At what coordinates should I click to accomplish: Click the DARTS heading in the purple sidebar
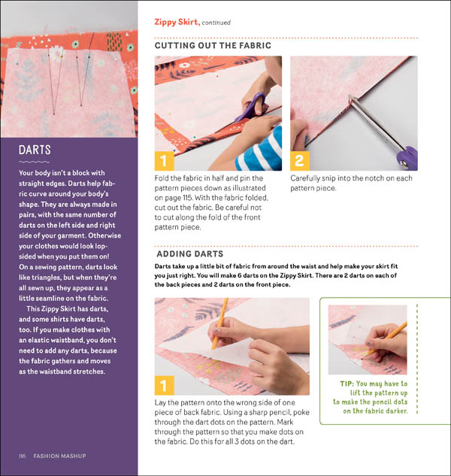(35, 150)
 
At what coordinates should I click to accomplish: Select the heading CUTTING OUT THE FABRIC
(213, 46)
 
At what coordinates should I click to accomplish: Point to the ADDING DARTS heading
(190, 253)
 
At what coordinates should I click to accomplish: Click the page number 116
(23, 456)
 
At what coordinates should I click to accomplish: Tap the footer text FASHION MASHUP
(59, 456)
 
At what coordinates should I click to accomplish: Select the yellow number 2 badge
(300, 161)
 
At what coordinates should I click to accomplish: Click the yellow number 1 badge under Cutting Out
(164, 161)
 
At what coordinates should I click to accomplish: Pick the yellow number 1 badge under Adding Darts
(164, 385)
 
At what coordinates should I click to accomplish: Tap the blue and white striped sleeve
(259, 150)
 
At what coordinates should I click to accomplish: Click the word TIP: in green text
(347, 384)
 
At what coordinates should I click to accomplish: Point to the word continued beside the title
(216, 23)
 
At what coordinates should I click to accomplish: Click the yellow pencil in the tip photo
(385, 340)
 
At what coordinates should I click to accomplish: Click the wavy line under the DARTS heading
(35, 162)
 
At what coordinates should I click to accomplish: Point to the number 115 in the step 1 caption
(186, 198)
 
